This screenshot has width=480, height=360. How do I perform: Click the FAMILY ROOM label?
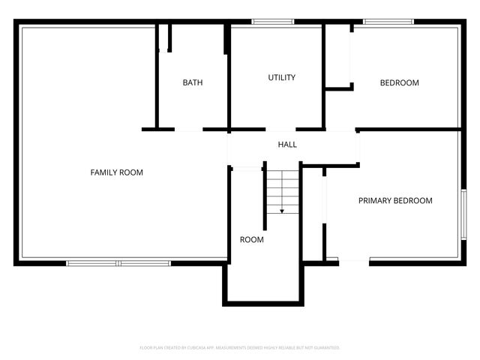pos(116,172)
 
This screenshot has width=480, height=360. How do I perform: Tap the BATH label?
pos(193,82)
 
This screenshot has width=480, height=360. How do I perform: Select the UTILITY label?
pos(282,77)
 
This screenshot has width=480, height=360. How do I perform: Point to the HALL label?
pos(287,144)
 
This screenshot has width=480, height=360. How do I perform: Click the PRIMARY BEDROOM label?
pos(395,200)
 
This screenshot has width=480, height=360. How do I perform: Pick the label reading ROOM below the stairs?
pos(251,240)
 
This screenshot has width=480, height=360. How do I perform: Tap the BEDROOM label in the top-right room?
pos(399,82)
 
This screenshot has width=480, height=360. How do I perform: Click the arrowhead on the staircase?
pos(282,211)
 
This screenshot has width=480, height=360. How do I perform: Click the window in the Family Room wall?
pos(118,262)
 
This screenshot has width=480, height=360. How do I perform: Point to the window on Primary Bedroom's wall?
pos(463,214)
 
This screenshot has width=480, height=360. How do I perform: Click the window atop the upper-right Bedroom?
pos(388,22)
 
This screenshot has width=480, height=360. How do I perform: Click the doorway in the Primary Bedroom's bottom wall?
pos(354,261)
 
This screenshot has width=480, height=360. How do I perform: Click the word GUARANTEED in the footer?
pos(325,348)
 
